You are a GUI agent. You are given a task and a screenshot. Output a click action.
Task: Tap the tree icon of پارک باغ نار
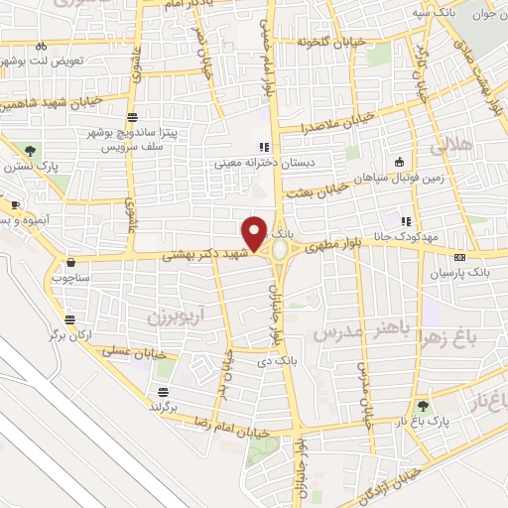coord(423,405)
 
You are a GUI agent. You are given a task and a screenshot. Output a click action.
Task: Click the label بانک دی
coord(278,360)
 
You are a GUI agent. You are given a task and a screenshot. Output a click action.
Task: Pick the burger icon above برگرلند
coord(161,392)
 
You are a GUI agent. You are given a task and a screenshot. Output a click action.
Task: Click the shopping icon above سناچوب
coord(70,263)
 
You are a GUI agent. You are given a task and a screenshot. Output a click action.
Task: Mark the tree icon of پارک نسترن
coord(31,152)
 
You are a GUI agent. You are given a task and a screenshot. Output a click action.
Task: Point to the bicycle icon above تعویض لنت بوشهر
coord(41,46)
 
